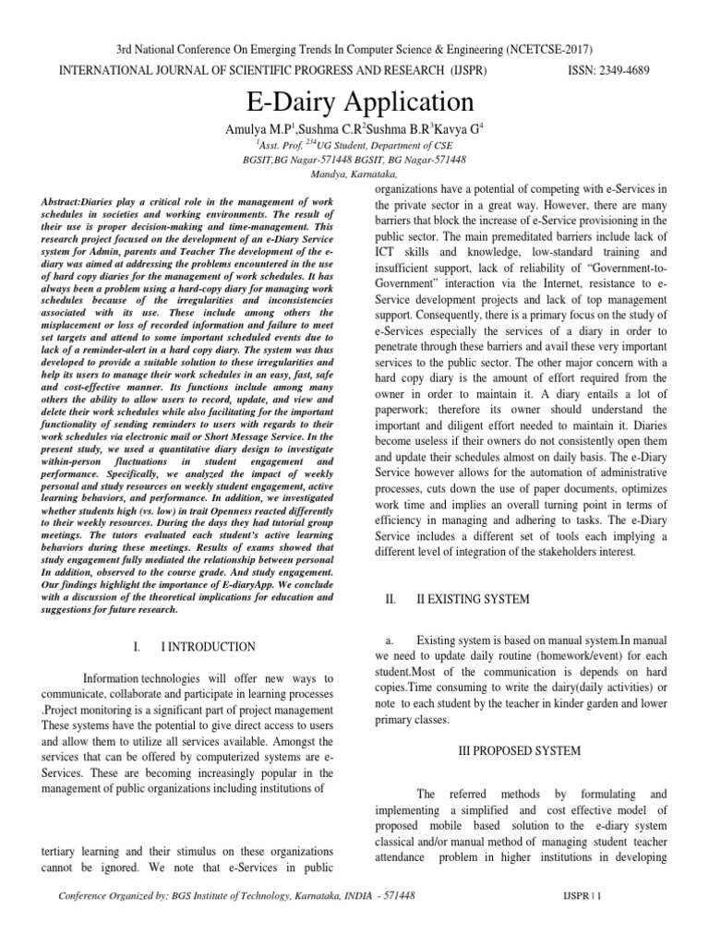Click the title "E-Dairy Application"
tap(354, 101)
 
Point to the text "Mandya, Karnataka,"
tap(354, 173)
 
